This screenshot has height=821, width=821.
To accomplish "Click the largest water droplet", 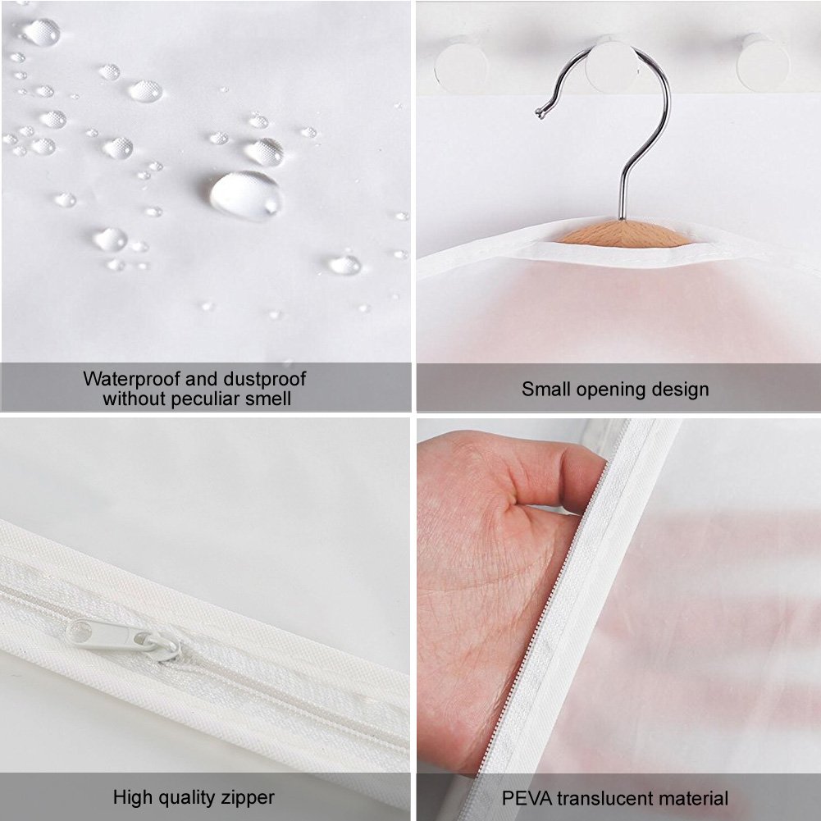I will point(244,195).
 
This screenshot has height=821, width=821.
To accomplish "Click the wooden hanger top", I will point(623,235).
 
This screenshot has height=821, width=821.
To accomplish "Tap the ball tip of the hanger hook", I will point(539,112).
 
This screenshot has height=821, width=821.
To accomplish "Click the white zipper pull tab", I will point(123,637).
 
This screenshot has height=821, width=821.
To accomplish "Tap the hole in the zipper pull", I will point(80,631).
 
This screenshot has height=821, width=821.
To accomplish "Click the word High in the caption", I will point(132,796).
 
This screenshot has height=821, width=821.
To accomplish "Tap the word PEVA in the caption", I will point(526,797).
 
